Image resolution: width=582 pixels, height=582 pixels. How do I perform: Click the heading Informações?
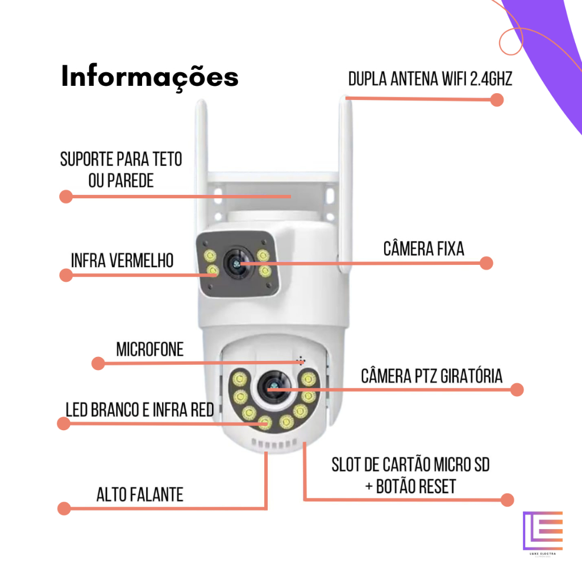149,77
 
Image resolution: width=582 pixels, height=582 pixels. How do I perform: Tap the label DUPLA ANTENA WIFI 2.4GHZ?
430,78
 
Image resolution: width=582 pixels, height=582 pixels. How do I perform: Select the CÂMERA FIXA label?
423,248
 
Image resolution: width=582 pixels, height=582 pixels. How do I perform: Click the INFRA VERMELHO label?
122,260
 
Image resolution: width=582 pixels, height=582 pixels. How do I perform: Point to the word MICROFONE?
150,349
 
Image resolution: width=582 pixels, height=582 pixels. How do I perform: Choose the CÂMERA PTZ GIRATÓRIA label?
432,376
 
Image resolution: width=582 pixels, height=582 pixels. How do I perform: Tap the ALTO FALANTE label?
140,494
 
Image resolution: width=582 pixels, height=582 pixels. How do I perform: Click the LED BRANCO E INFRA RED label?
140,409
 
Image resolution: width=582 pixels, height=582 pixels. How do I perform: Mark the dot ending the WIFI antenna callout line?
497,100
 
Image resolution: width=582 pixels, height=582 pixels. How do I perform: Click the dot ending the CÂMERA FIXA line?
486,263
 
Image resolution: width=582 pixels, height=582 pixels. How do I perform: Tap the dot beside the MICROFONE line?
98,363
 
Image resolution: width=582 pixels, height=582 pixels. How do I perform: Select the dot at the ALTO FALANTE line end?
64,508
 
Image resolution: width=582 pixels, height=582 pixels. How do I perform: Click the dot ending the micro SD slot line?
508,500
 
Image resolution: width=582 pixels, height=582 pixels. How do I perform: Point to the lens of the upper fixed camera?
235,263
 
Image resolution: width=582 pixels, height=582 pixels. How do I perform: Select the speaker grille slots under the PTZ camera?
274,443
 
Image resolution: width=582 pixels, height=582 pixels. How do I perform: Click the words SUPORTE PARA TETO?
122,159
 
